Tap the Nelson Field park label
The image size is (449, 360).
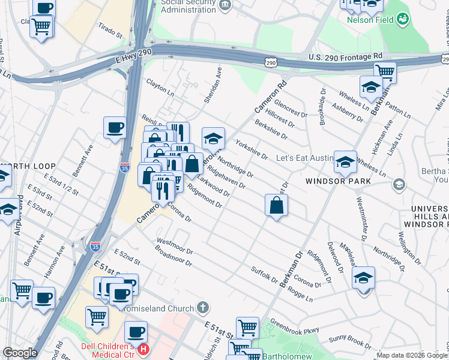click(x=370, y=19)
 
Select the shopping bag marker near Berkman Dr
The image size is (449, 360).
click(x=276, y=205)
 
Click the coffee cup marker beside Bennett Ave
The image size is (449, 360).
click(x=114, y=128)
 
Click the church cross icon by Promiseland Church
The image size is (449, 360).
click(x=203, y=308)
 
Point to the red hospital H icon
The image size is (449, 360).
click(x=143, y=349)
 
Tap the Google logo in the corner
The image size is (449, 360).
click(x=20, y=353)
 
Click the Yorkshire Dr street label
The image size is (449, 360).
click(x=252, y=149)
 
